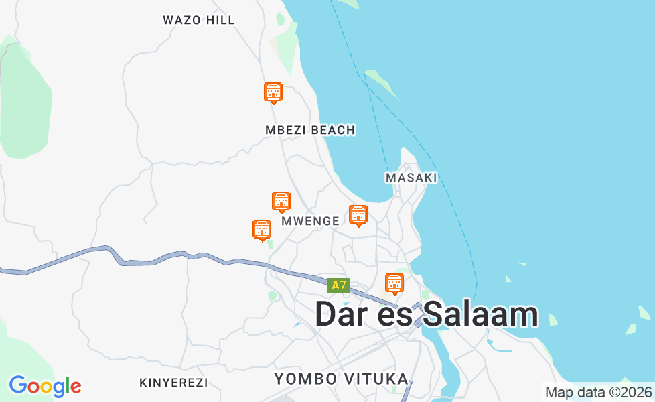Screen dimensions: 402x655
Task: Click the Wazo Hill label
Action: click(x=199, y=20)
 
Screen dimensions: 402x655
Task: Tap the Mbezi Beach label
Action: click(x=310, y=130)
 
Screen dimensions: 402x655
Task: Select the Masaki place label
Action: click(x=411, y=178)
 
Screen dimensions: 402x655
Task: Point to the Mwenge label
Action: click(x=310, y=221)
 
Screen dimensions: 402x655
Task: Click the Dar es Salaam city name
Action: click(x=427, y=314)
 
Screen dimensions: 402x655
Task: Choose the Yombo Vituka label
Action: click(x=341, y=379)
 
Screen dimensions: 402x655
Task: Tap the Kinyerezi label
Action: click(x=173, y=383)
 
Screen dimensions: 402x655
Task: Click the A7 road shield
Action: click(x=339, y=285)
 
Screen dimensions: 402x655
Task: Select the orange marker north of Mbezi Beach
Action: click(x=273, y=93)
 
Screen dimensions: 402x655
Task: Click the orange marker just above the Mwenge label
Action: click(x=281, y=202)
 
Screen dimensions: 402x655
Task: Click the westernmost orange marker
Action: click(x=262, y=230)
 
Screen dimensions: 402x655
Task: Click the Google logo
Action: click(x=45, y=386)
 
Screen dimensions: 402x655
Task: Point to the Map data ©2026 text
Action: click(x=598, y=392)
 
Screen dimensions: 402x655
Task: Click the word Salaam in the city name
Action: click(x=482, y=314)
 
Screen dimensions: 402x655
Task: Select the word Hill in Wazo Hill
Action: click(x=220, y=20)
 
